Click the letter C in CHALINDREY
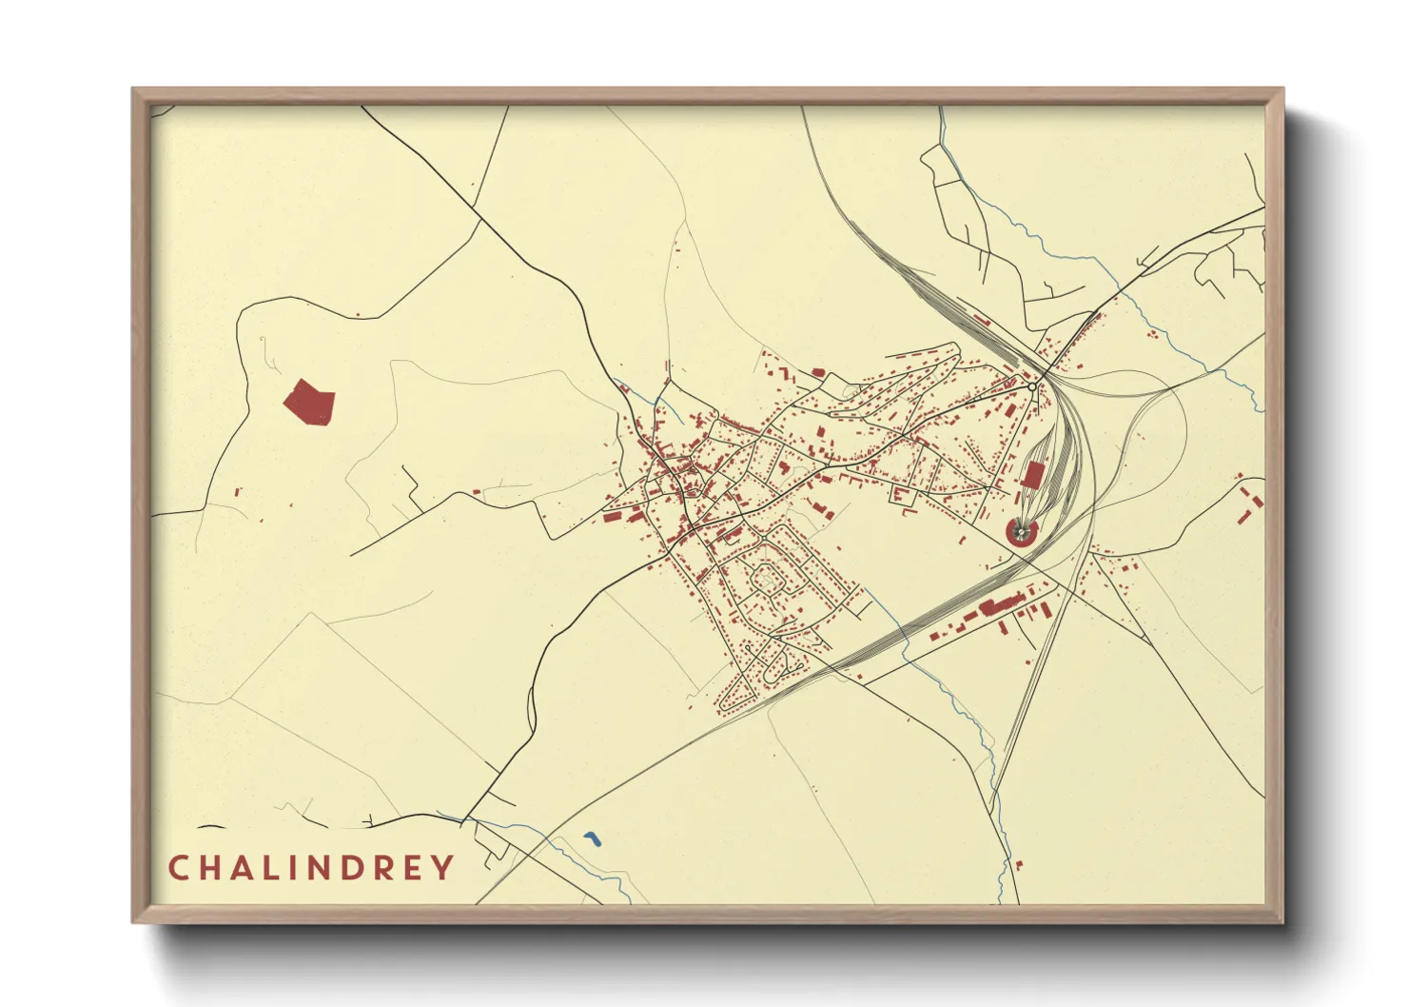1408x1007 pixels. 178,868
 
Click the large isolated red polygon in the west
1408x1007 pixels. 309,402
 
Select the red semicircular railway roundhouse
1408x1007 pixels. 1022,533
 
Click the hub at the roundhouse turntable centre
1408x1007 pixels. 1023,531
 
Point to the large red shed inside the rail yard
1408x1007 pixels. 1033,474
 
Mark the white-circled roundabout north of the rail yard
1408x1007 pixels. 1032,387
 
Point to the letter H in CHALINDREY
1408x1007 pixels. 207,868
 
